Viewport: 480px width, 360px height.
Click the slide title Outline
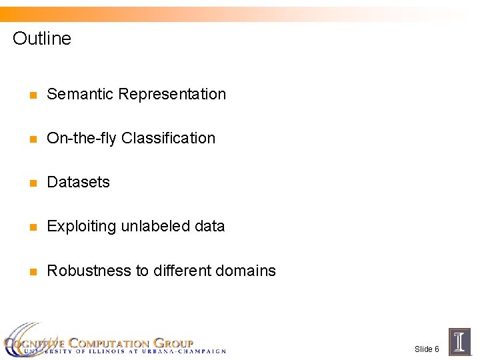(x=41, y=39)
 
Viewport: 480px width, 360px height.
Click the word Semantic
(x=80, y=94)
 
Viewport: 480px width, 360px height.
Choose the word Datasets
(x=78, y=182)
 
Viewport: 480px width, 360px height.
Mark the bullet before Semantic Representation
(x=31, y=95)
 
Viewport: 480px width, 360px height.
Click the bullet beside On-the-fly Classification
(x=31, y=139)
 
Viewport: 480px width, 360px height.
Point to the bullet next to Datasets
(x=31, y=183)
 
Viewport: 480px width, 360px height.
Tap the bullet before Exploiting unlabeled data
(x=31, y=227)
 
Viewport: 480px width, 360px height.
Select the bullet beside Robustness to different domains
(x=31, y=272)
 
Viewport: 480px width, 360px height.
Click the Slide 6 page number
(x=427, y=349)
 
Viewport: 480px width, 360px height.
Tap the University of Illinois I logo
(x=459, y=341)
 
